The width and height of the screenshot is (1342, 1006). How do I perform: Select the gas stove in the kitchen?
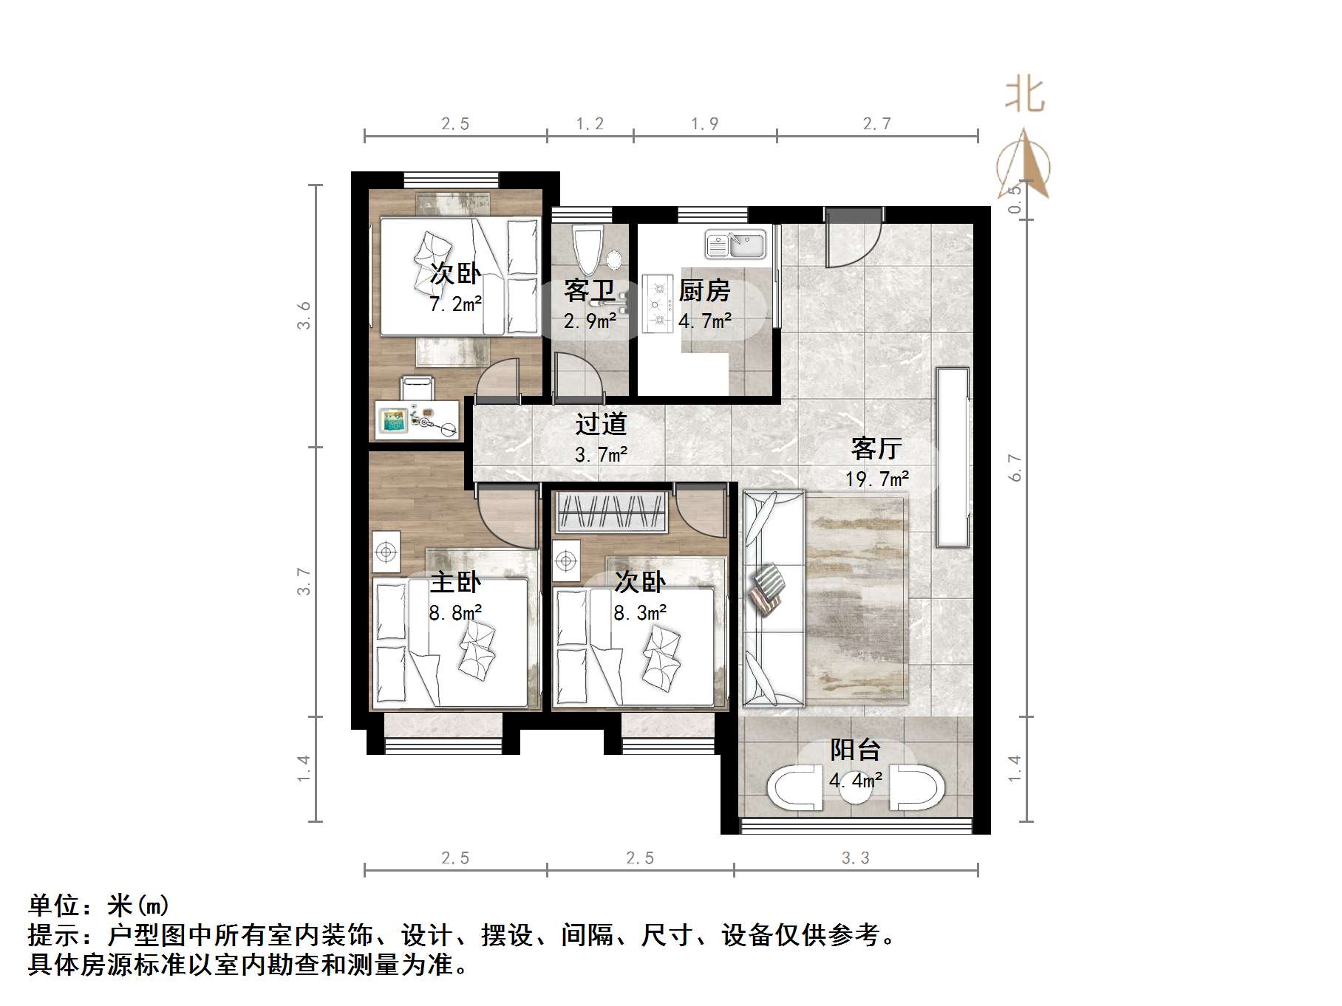[656, 304]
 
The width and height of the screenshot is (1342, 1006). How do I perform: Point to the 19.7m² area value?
[877, 479]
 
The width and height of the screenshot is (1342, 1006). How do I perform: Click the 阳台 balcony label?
[855, 750]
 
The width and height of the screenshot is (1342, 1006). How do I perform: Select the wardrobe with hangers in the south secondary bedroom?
[612, 512]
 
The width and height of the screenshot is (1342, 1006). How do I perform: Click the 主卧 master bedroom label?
[455, 582]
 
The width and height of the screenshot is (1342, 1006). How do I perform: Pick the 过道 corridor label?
[601, 424]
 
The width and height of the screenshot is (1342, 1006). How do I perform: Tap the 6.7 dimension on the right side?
[1016, 468]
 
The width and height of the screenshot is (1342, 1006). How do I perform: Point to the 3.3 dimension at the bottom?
[856, 858]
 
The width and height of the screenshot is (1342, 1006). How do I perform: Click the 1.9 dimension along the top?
[705, 124]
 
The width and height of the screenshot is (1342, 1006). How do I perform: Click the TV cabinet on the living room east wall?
[953, 457]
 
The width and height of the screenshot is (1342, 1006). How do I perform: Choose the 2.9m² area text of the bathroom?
[590, 321]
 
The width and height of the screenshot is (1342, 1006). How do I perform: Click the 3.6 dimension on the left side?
[304, 315]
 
